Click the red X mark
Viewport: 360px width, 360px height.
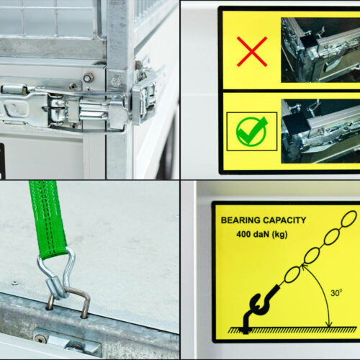click(252, 51)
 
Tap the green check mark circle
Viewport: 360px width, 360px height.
click(251, 131)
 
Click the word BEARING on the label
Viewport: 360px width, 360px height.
click(240, 220)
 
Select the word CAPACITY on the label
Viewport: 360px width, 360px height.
click(284, 220)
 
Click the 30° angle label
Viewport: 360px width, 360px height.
click(336, 293)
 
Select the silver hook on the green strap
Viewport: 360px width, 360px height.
click(57, 274)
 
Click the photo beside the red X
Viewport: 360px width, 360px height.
click(320, 50)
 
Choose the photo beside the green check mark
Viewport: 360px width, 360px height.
click(320, 131)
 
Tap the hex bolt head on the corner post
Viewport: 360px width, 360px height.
click(116, 81)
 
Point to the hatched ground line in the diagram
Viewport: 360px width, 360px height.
click(292, 330)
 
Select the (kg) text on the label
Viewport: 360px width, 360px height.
click(279, 235)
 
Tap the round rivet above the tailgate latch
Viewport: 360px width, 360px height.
click(88, 78)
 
